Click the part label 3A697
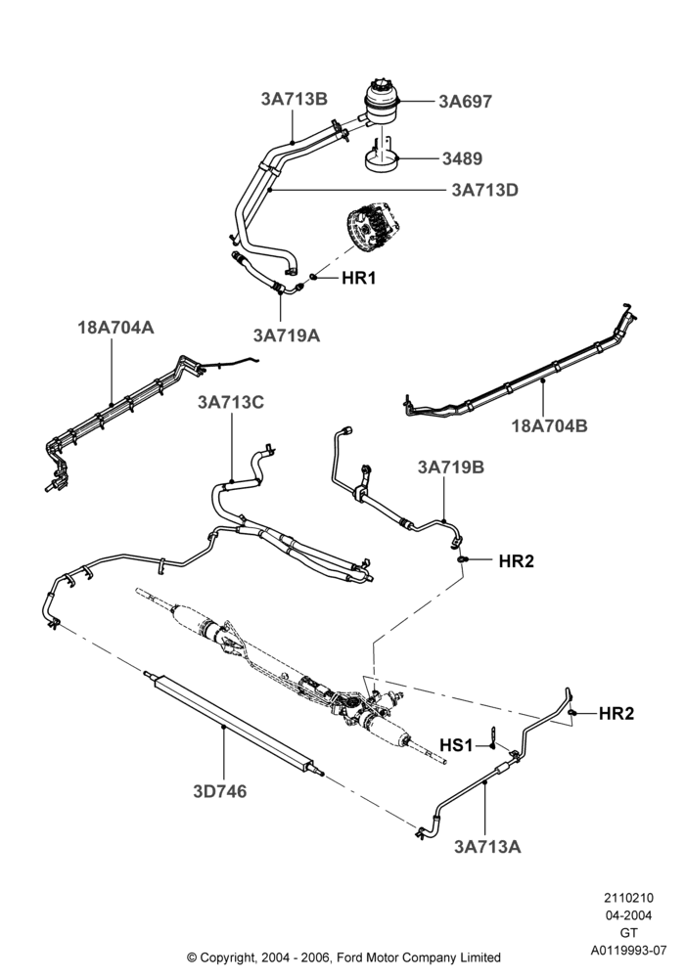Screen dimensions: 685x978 466,101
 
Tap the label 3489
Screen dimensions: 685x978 462,158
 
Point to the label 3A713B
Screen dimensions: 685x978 294,99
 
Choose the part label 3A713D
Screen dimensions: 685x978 484,190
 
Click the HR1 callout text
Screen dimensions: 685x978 359,278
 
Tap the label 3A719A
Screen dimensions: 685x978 287,335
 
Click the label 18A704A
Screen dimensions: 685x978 115,327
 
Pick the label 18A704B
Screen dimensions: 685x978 549,426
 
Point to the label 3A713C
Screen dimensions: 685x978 231,402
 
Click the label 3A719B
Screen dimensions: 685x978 450,467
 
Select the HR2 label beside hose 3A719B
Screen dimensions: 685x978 516,560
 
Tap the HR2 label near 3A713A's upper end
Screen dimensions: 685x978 616,714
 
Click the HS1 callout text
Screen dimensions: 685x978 456,745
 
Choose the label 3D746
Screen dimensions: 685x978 219,791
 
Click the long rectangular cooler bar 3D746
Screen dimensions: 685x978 234,724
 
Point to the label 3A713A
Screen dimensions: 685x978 487,846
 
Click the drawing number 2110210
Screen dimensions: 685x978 628,898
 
